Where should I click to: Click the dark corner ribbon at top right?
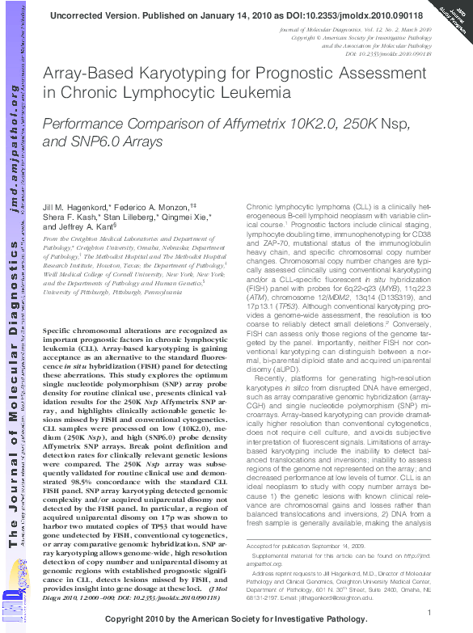pyautogui.click(x=453, y=18)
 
